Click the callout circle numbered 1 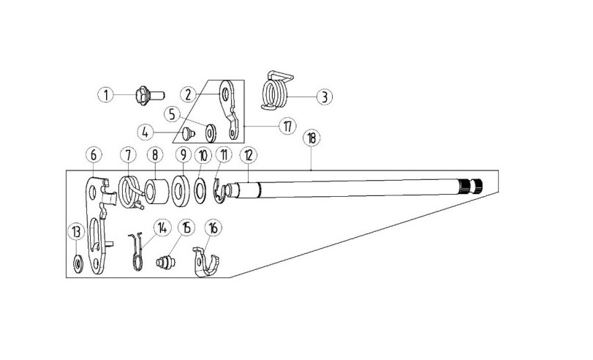coord(106,94)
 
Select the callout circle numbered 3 coord(324,97)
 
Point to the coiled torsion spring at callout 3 coord(277,91)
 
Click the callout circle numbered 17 coord(288,126)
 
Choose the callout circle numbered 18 coord(311,138)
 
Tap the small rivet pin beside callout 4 coord(188,133)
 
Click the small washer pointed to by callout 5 coord(211,133)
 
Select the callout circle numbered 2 coord(189,94)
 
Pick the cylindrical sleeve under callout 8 coord(157,191)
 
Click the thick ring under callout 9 coord(181,190)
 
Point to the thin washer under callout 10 coord(200,192)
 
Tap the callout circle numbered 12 coord(248,155)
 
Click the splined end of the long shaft coord(471,187)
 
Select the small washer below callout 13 coord(78,263)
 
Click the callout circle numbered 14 coord(162,228)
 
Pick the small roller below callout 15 coord(166,263)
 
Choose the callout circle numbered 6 coord(94,155)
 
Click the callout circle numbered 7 coord(128,155)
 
